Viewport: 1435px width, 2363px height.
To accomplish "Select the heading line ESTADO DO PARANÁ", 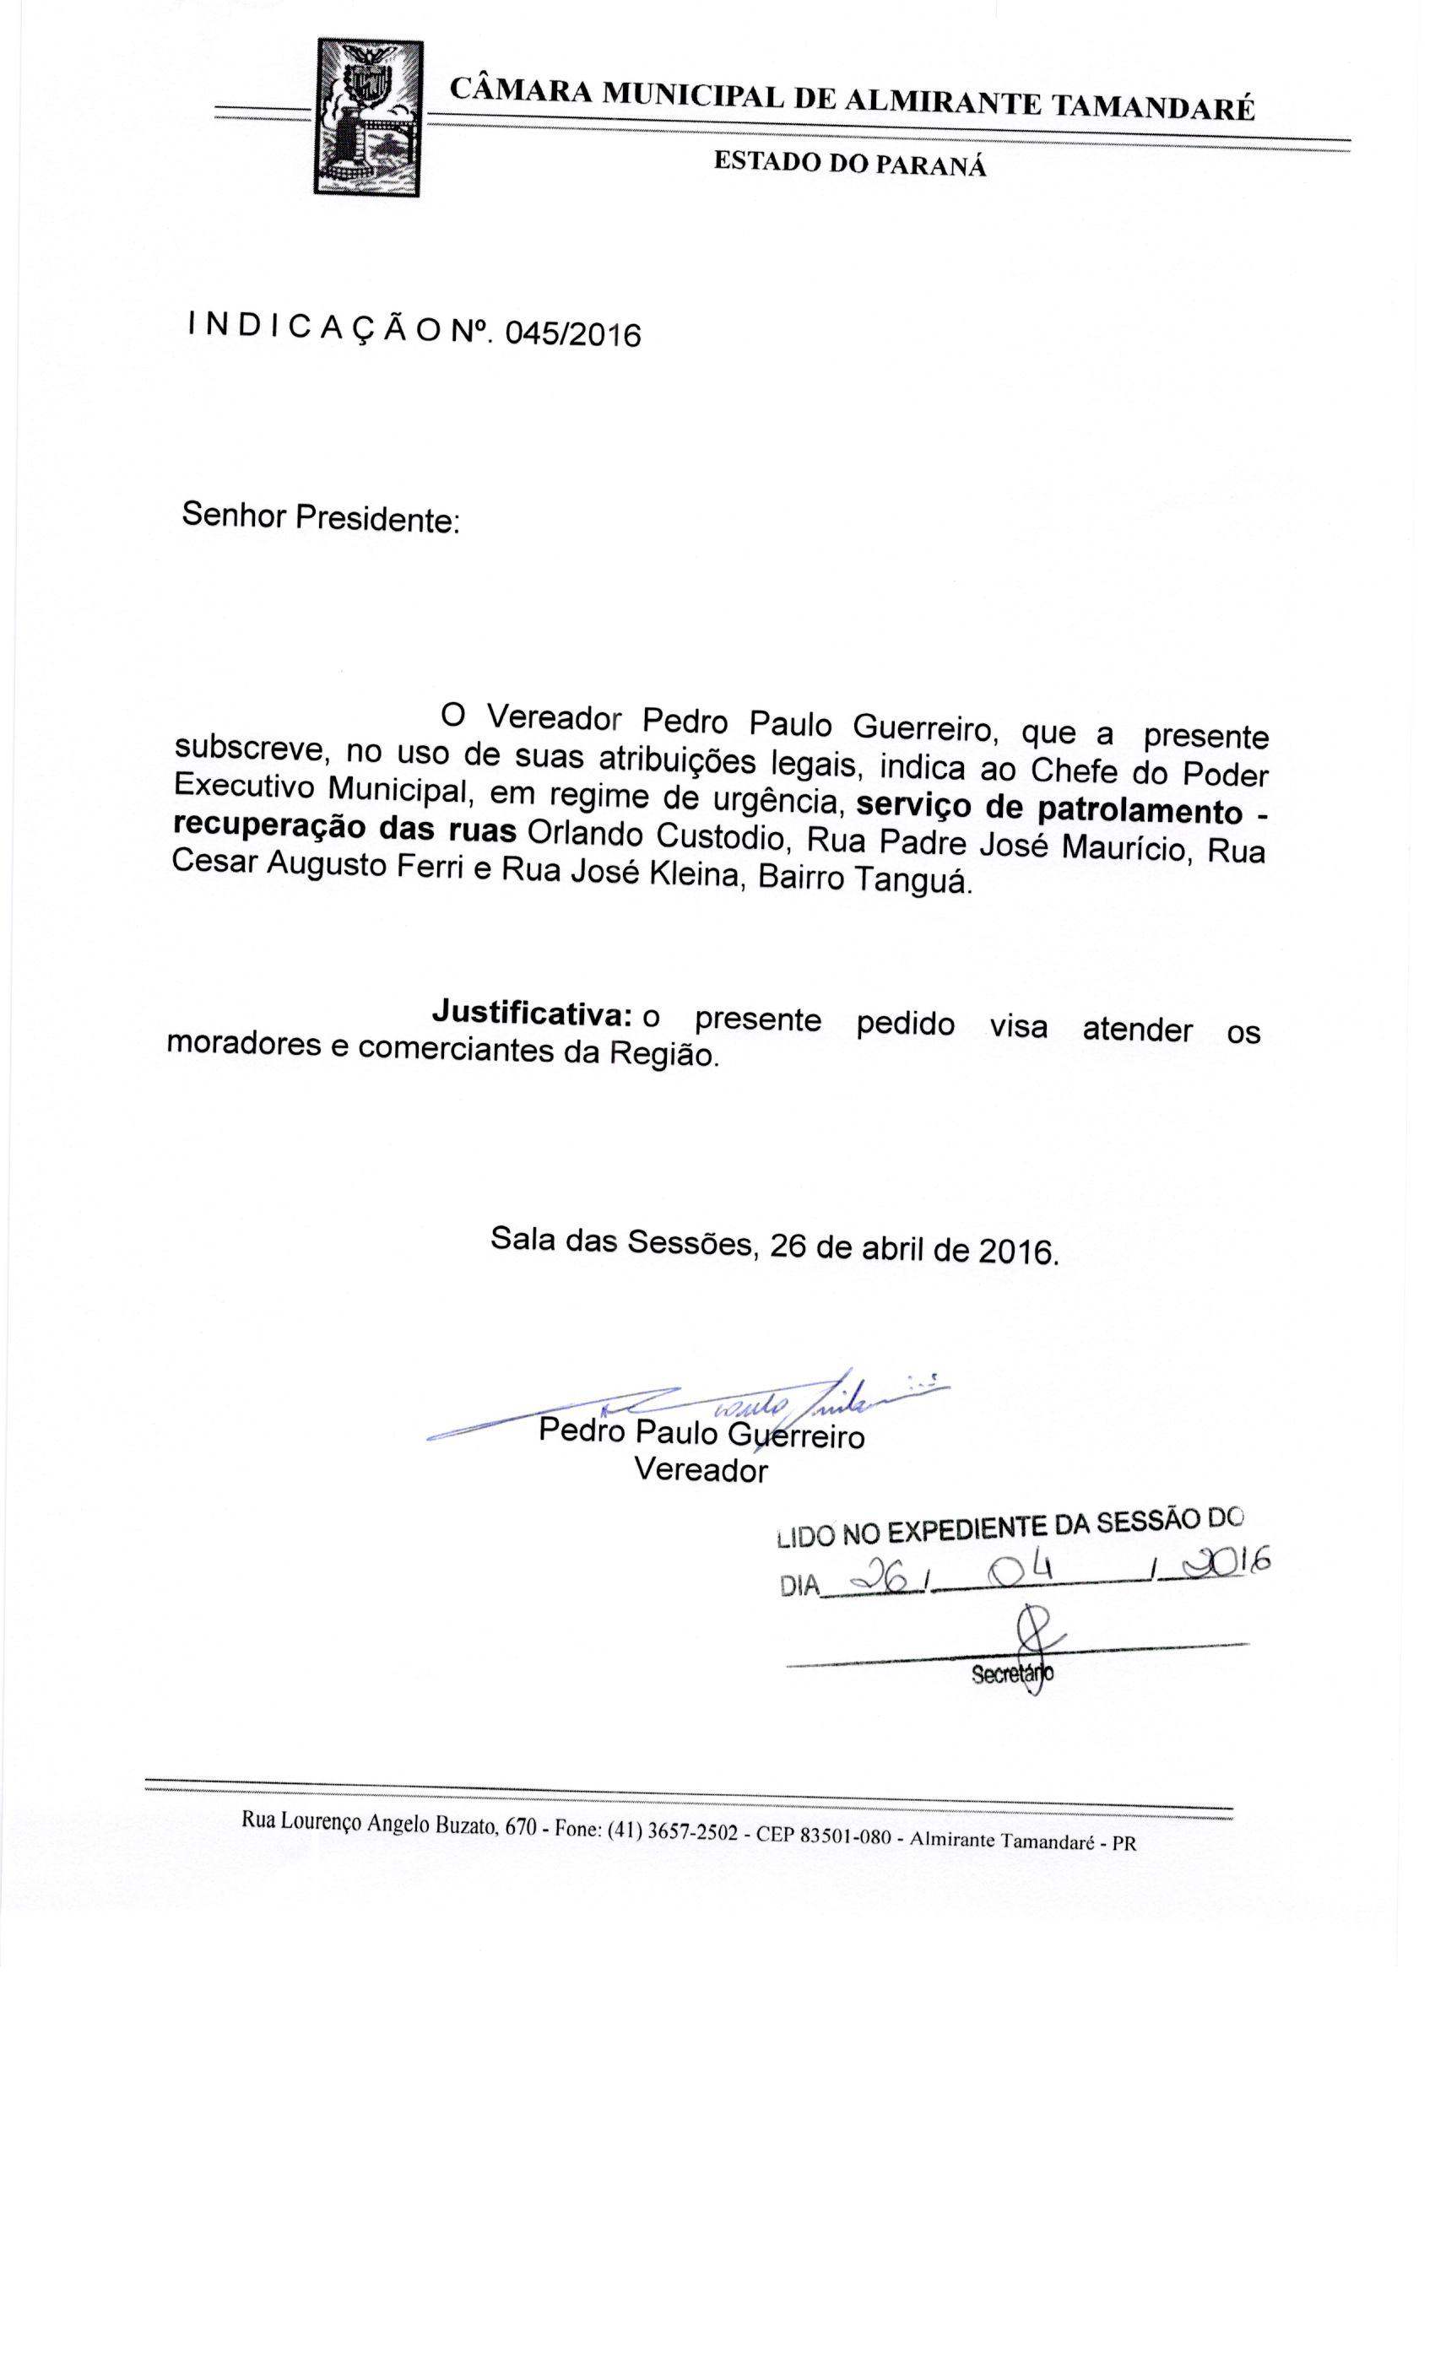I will point(849,164).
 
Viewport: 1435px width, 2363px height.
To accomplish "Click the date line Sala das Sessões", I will point(774,1246).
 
